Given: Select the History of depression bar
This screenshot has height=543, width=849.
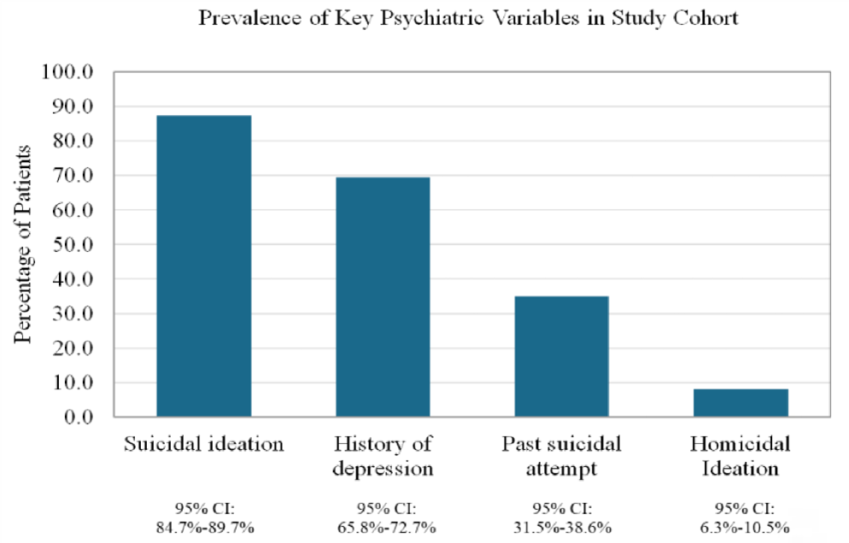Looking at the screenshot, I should click(x=383, y=297).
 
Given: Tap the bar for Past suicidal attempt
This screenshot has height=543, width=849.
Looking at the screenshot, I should click(x=561, y=357).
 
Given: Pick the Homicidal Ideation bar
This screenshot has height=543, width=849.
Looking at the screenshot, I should click(x=740, y=403).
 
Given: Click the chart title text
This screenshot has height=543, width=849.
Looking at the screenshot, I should click(x=468, y=18).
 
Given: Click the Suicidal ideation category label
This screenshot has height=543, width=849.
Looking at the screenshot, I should click(x=203, y=445).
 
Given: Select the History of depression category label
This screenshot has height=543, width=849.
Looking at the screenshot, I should click(x=383, y=457).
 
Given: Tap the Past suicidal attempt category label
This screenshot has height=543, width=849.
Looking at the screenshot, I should click(x=561, y=457).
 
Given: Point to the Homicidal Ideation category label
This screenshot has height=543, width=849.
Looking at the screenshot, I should click(x=740, y=457).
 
